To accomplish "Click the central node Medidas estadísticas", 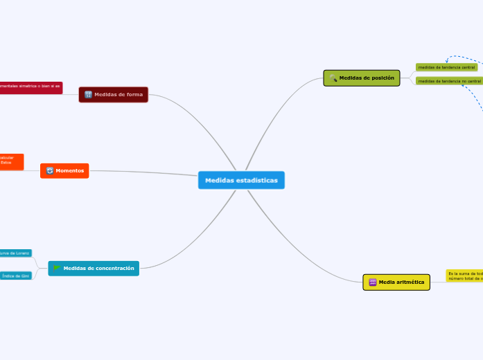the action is pos(241,180).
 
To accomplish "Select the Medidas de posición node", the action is pos(362,78).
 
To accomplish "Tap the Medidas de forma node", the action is pos(114,94).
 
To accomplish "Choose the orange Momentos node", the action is pos(64,170).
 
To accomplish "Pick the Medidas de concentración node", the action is pos(94,268).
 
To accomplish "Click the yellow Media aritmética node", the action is pos(396,282).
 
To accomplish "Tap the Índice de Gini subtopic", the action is pos(16,276).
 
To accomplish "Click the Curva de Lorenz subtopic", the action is pos(16,253).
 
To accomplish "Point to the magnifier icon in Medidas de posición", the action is pos(333,78).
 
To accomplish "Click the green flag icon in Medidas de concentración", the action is pos(57,268).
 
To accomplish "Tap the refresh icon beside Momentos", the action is pos(50,170).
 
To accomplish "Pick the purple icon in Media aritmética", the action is pos(372,282).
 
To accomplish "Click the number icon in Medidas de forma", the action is pos(88,94).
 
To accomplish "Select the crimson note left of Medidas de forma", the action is pos(30,87).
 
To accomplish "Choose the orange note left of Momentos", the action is pos(11,161).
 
